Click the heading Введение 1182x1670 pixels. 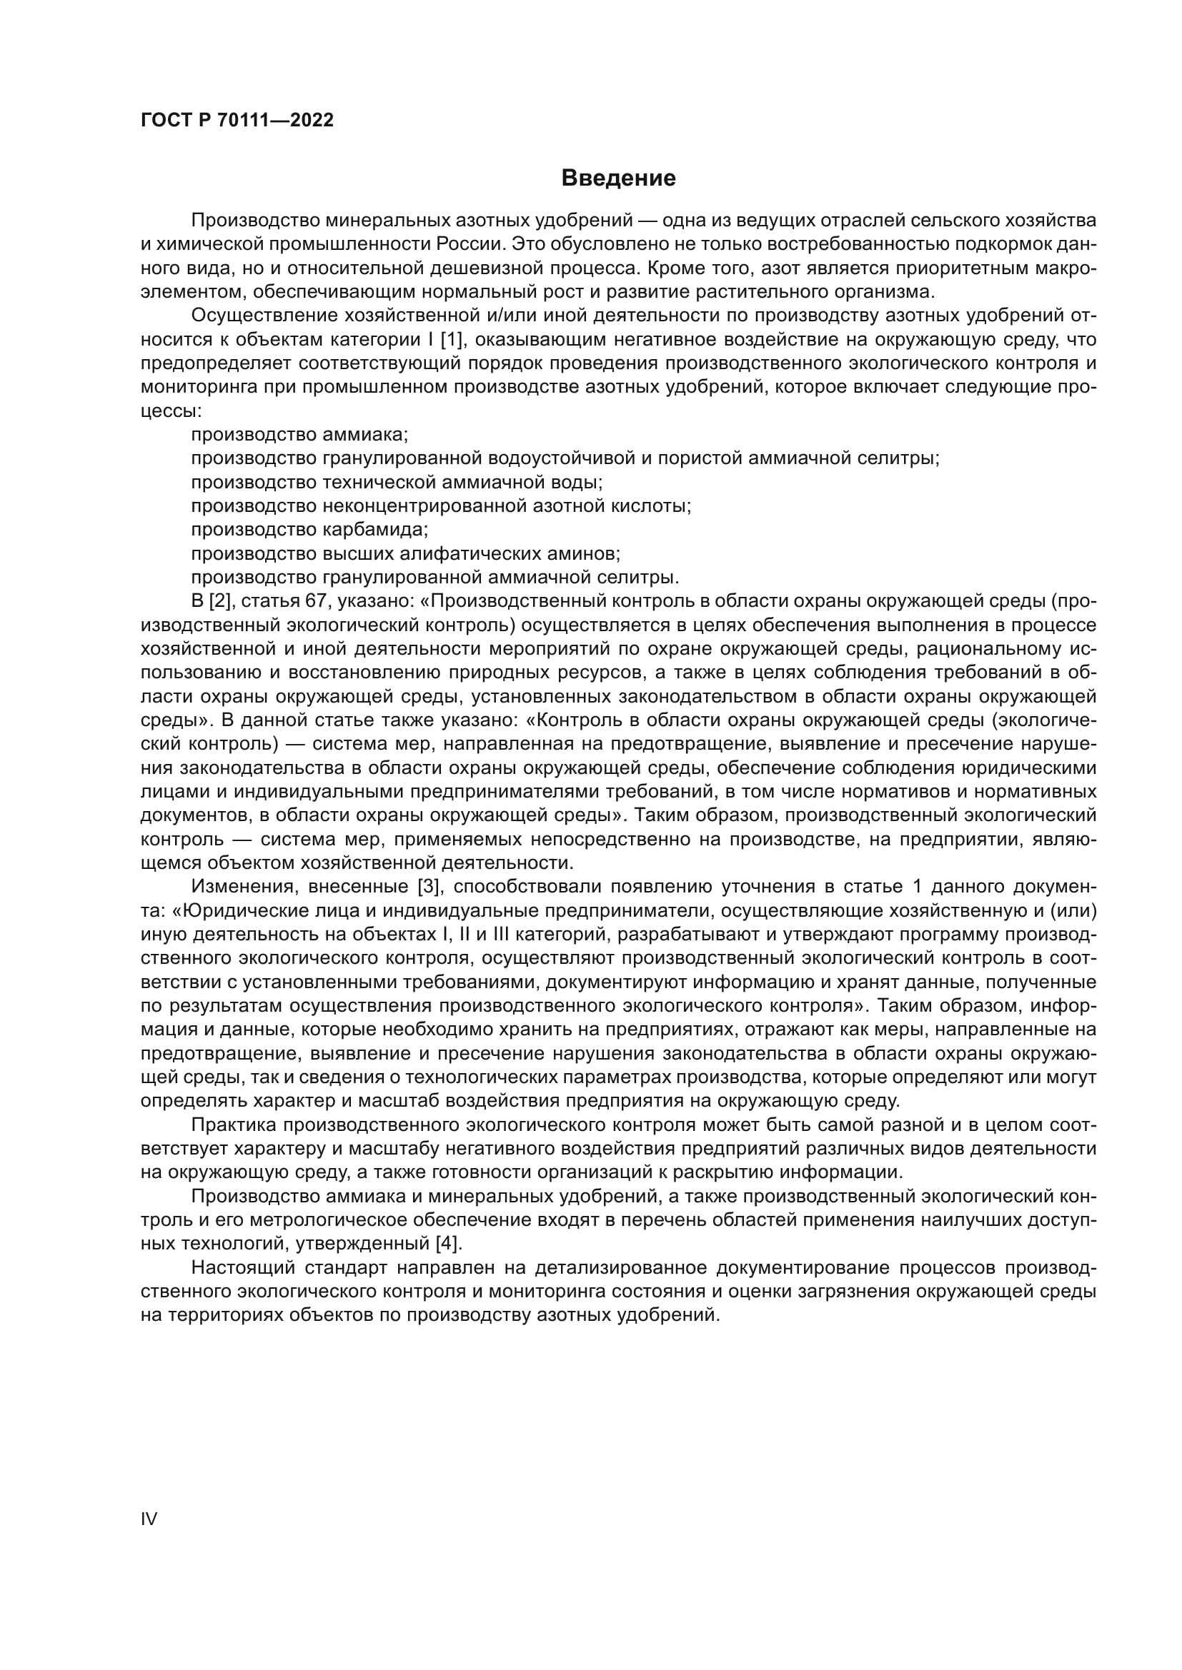pos(618,178)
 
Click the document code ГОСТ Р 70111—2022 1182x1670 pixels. pos(237,121)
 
